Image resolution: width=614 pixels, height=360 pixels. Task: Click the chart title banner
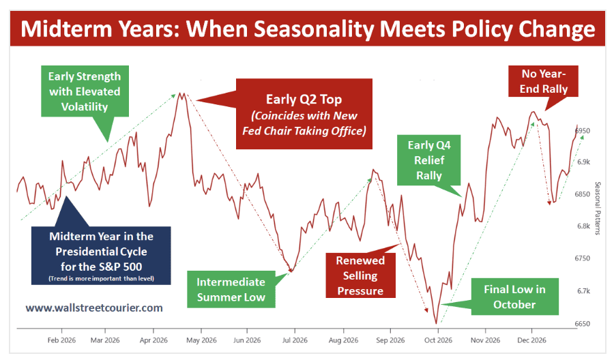coord(307,30)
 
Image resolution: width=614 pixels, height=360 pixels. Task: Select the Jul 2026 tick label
coord(293,340)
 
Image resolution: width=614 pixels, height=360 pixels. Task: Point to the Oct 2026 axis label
coord(437,340)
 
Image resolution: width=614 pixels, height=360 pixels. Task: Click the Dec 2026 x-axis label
coord(532,340)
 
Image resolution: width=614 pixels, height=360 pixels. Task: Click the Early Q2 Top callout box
coord(304,113)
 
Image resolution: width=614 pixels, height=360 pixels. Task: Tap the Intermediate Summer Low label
coord(231,289)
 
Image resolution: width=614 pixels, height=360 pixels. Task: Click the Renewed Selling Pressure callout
coord(360,275)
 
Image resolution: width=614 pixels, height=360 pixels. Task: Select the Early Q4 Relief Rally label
coord(430,160)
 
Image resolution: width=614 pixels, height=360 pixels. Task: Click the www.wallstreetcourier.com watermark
coord(94,307)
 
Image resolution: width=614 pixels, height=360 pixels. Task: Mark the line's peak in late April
coord(181,93)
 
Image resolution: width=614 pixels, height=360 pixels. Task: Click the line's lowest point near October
coord(436,323)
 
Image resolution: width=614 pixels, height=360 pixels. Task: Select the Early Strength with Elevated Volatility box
coord(85,91)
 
